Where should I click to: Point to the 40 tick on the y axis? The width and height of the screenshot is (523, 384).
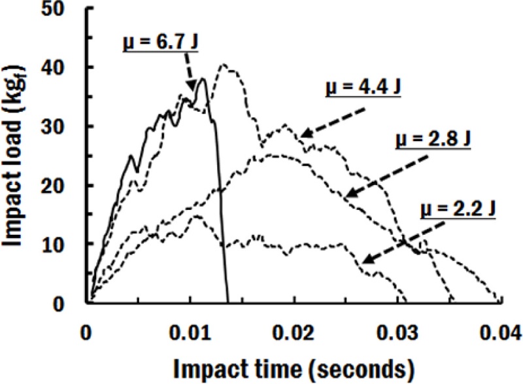[x=61, y=68]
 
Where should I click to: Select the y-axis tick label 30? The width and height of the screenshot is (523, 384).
[x=61, y=126]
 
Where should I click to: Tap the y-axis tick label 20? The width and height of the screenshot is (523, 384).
[x=61, y=186]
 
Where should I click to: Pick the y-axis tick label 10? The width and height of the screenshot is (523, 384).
[x=61, y=245]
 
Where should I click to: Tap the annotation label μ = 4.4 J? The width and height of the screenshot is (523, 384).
[x=363, y=88]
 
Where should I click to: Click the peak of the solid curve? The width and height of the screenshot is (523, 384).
[x=204, y=79]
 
